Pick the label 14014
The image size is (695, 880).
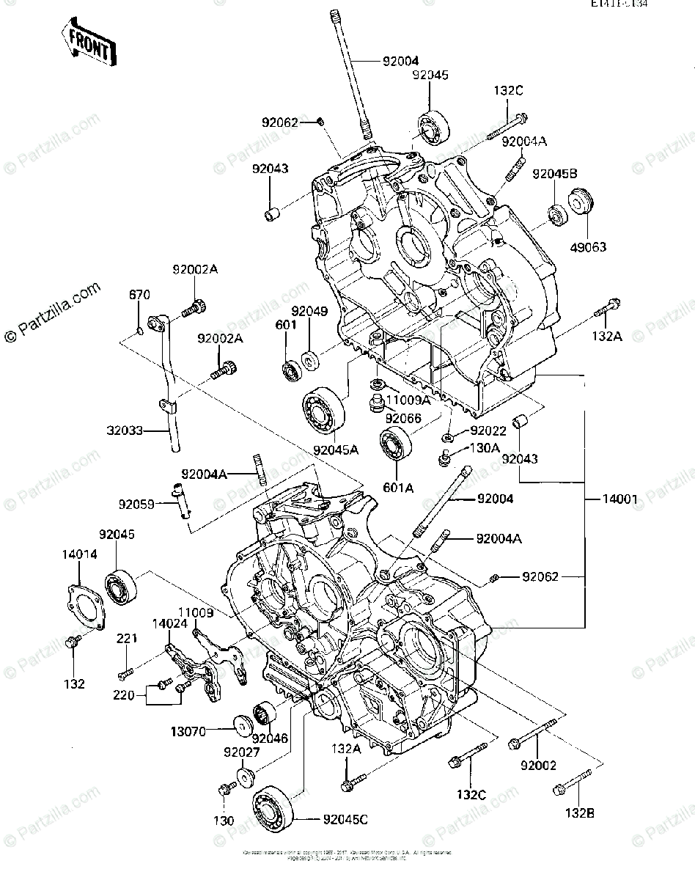[x=80, y=555]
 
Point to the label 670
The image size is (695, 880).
[x=140, y=295]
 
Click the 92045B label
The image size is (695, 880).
[x=555, y=174]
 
